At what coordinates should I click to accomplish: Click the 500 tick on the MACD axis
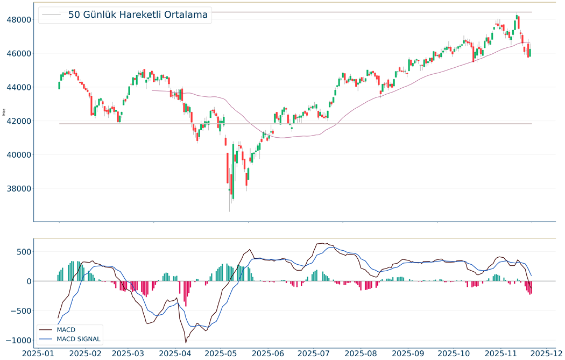pyautogui.click(x=21, y=252)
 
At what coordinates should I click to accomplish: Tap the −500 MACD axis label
pyautogui.click(x=18, y=311)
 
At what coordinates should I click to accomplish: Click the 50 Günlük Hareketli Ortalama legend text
pyautogui.click(x=138, y=15)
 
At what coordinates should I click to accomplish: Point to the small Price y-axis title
pyautogui.click(x=4, y=112)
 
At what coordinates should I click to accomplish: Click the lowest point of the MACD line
pyautogui.click(x=186, y=343)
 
